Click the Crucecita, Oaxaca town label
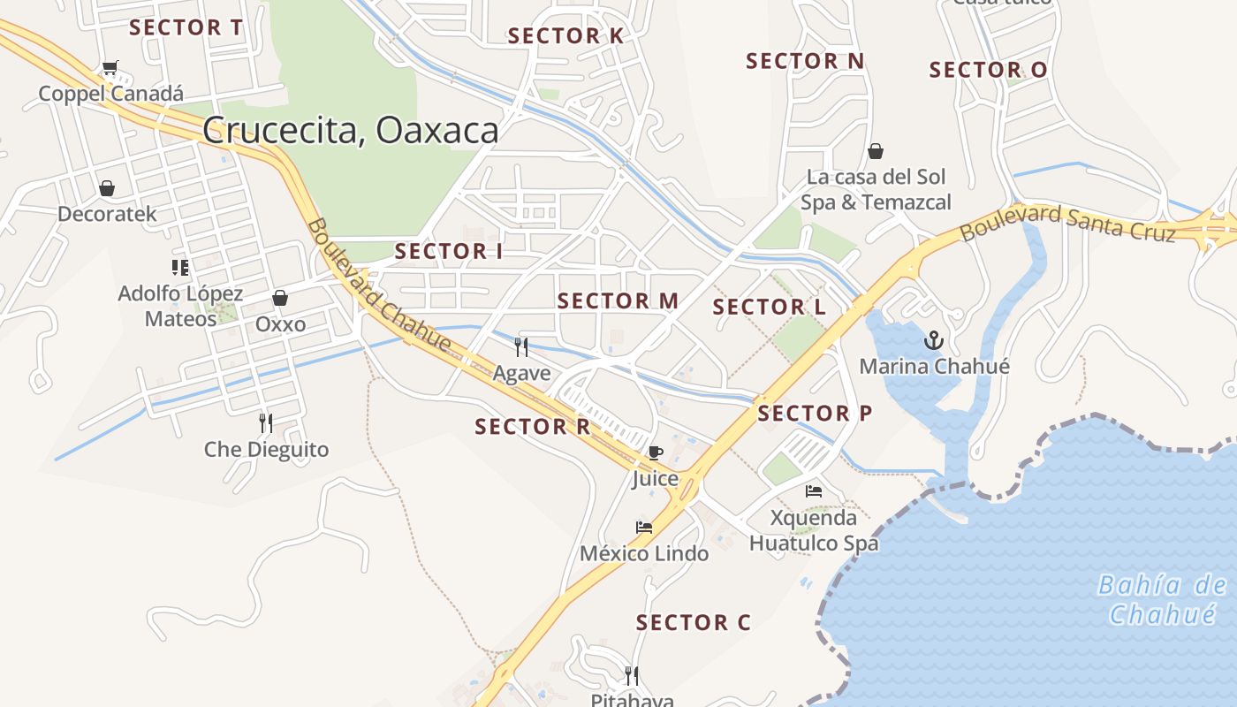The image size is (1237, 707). point(351,131)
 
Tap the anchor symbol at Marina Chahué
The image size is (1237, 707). point(934,339)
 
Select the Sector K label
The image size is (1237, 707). point(565,36)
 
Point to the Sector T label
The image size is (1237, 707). point(186,27)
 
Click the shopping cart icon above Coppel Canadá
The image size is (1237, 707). point(110,68)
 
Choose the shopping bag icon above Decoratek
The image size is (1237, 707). point(107,188)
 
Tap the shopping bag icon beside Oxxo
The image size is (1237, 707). point(280,298)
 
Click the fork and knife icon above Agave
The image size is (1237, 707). point(521,346)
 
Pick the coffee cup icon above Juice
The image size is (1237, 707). point(655,452)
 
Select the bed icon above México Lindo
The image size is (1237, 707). point(644,528)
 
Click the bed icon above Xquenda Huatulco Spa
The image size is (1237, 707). point(814,490)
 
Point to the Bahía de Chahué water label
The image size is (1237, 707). point(1163,599)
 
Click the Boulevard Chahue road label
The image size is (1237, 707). point(379,285)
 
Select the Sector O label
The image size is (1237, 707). point(988,70)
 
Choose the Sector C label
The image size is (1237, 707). point(694,623)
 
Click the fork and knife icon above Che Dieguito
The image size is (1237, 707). point(266,422)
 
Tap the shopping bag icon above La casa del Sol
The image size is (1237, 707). point(876,151)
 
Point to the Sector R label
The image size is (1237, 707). point(532,427)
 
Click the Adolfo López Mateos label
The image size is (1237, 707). point(180,306)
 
